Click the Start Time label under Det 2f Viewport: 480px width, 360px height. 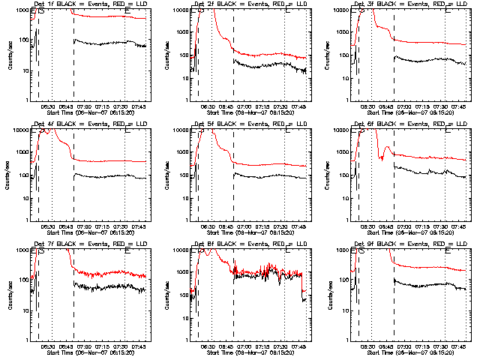point(250,112)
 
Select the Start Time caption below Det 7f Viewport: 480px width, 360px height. point(89,352)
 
